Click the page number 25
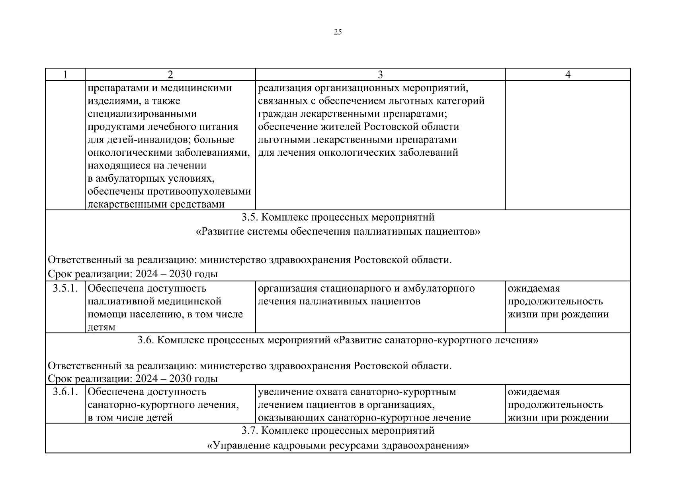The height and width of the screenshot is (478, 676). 338,33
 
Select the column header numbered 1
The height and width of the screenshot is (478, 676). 65,75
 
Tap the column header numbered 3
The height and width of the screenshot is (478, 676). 380,75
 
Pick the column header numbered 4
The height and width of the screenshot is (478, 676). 568,75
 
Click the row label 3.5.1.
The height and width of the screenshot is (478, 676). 65,288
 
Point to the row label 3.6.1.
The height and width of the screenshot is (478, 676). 65,392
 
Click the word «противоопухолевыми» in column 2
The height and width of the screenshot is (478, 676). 199,192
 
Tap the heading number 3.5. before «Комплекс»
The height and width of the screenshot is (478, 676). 250,217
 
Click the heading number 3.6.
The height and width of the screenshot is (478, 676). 147,340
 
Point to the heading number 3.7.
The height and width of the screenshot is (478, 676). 250,431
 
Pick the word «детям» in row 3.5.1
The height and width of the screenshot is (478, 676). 102,327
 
